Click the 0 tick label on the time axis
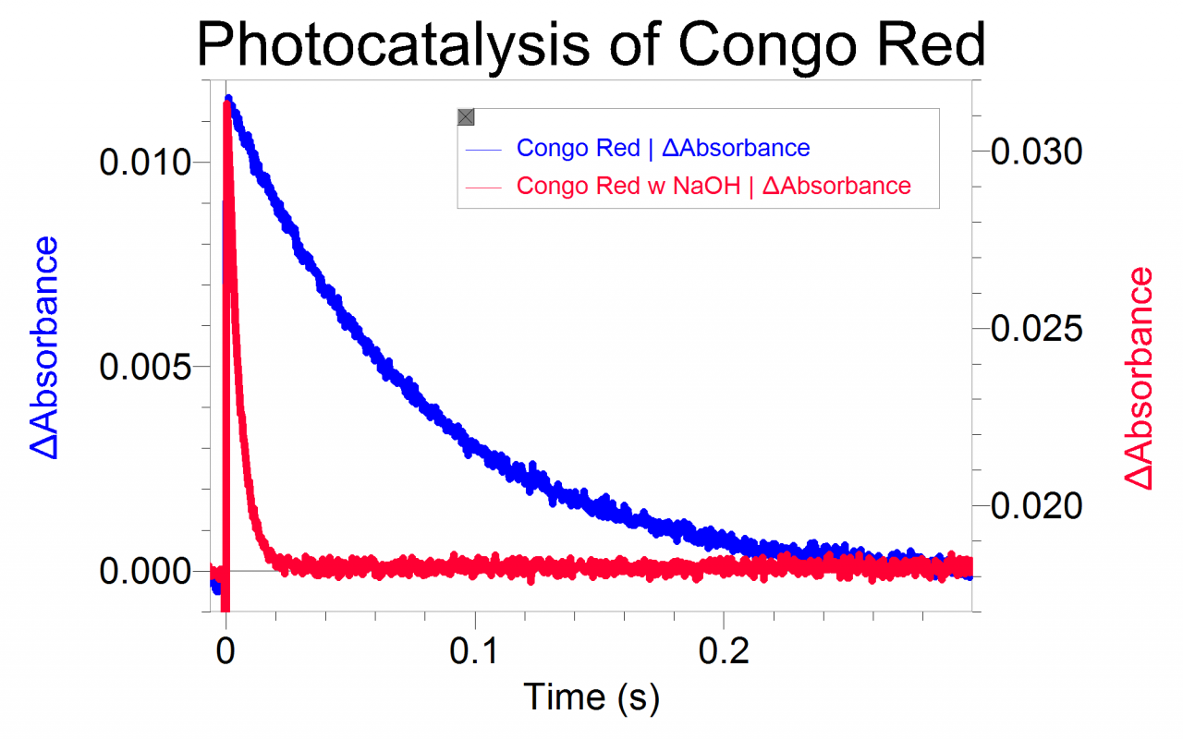click(x=226, y=646)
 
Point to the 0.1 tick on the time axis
click(x=475, y=646)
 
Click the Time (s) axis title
click(x=591, y=696)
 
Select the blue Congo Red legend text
click(x=663, y=148)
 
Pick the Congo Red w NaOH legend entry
click(x=713, y=186)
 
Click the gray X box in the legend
click(x=466, y=116)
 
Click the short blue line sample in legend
click(x=485, y=149)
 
